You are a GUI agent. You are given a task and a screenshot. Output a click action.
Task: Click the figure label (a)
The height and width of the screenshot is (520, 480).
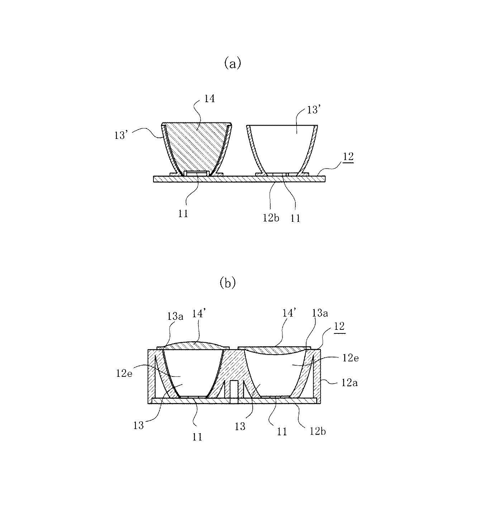(x=232, y=64)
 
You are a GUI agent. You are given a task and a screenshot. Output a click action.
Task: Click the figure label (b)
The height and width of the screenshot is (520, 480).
(x=228, y=284)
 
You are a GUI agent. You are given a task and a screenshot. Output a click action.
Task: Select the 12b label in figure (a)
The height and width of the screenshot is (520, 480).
(x=271, y=217)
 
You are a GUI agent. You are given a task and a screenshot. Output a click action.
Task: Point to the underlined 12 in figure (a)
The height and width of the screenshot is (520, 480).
(x=348, y=157)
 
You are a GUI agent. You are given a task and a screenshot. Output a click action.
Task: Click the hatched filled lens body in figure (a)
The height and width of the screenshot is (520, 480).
(x=196, y=145)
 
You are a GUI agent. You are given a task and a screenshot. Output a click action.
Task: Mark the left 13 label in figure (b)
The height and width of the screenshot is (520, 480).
(x=138, y=425)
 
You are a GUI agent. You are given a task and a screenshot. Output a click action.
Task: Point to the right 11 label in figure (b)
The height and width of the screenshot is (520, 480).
(x=282, y=431)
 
